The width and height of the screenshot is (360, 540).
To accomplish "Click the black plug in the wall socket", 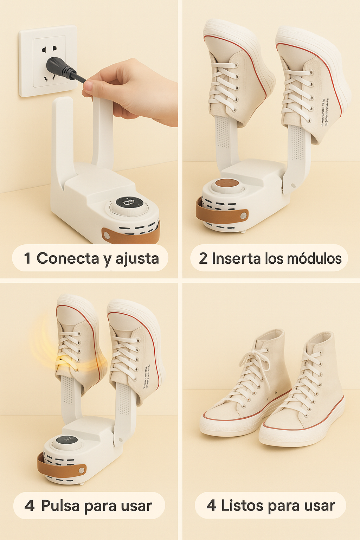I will pos(58,67).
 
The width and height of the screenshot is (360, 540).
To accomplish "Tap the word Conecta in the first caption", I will pos(68,258).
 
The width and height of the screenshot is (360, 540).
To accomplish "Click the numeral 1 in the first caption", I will pos(27,258).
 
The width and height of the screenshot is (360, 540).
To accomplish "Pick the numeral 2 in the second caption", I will pos(203,258).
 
